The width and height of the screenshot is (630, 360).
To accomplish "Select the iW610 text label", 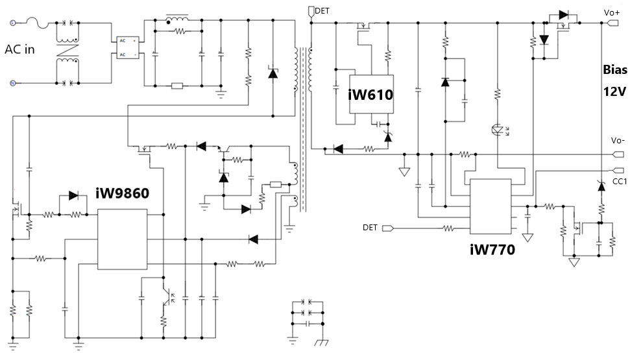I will tap(370, 95).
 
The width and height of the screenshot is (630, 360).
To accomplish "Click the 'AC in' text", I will tap(19, 50).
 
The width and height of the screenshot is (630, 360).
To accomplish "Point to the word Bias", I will tap(614, 69).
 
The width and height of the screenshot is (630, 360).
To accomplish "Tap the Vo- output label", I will tap(617, 140).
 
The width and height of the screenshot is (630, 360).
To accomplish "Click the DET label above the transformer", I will tap(322, 11).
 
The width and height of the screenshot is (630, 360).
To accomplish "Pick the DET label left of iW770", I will tap(370, 228).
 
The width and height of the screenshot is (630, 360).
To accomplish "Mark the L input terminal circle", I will tap(12, 23).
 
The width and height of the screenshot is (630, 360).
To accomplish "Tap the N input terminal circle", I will tap(12, 83).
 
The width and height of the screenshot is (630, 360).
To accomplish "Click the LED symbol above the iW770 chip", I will tap(498, 129).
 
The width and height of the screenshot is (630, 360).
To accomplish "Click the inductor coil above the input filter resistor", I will tap(176, 18).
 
